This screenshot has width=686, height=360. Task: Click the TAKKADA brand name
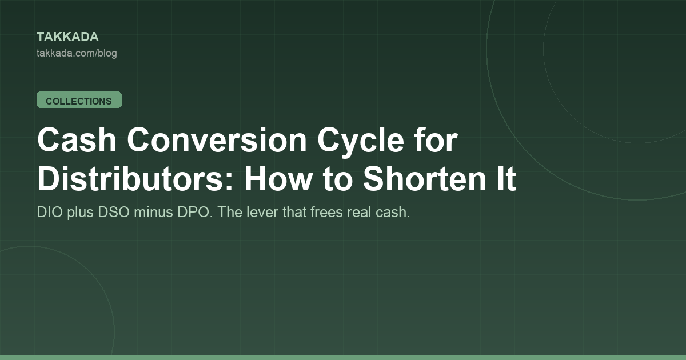tap(67, 37)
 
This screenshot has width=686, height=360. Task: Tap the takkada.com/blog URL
tap(77, 53)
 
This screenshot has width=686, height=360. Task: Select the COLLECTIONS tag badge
tap(79, 100)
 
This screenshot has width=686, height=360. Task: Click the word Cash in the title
tap(77, 140)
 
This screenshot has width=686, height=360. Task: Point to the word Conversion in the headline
tap(217, 140)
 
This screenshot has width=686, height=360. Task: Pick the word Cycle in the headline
tap(361, 142)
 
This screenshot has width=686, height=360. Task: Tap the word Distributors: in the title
tap(135, 179)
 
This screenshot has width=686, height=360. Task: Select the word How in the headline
tap(278, 179)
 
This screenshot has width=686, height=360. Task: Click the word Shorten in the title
tap(424, 179)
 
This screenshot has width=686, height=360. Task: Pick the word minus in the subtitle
tap(153, 212)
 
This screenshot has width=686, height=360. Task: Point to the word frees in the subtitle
tap(326, 212)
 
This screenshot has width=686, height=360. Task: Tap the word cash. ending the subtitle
tap(393, 212)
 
